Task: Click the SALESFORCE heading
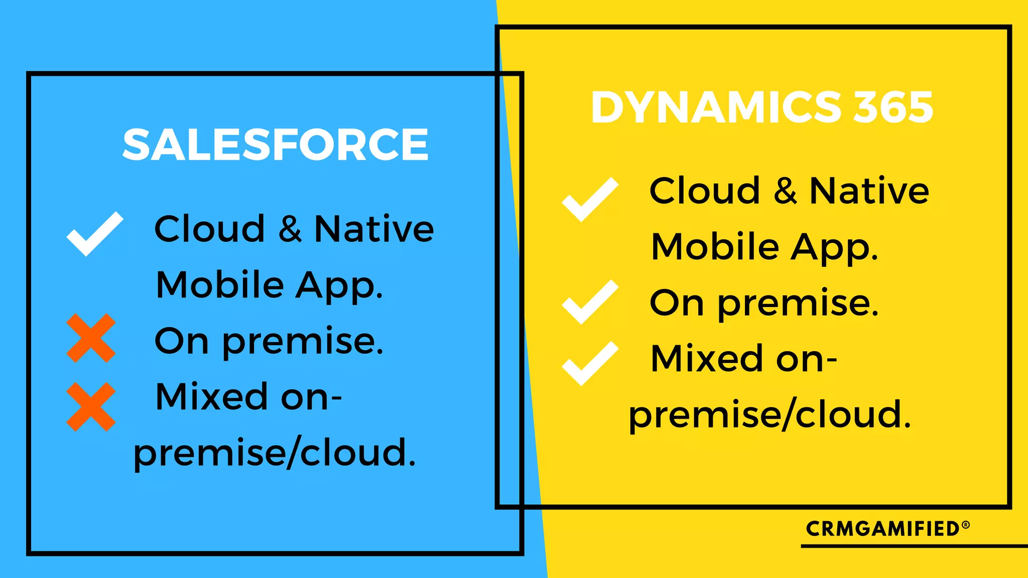click(x=275, y=144)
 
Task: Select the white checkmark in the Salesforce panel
click(x=94, y=234)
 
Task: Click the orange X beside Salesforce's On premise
click(x=91, y=338)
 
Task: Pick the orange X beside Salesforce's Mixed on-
click(x=91, y=407)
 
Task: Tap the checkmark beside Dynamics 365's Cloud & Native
click(x=590, y=199)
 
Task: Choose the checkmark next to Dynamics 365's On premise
click(x=590, y=302)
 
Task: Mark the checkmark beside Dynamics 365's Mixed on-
click(x=590, y=363)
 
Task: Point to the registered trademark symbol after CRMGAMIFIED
click(x=966, y=525)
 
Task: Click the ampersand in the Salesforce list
click(x=290, y=229)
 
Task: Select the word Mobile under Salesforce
click(x=220, y=285)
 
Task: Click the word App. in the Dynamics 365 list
click(x=834, y=248)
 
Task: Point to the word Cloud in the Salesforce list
click(x=209, y=229)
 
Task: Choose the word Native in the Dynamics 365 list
click(x=869, y=191)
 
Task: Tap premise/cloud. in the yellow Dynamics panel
click(x=769, y=415)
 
